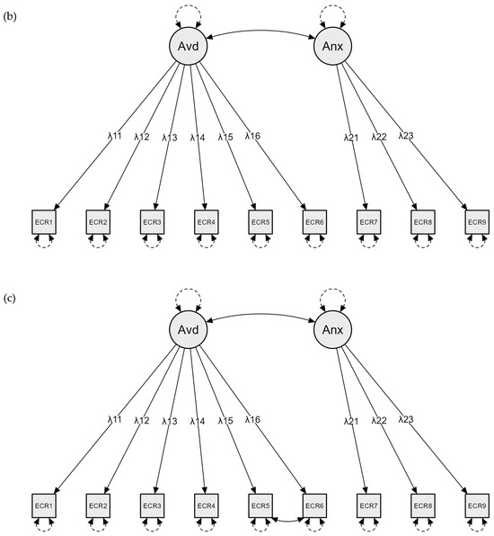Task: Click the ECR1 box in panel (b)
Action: pos(44,221)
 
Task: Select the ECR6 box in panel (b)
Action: pos(313,221)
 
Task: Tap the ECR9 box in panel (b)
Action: pos(476,221)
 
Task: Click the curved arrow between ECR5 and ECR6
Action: pos(287,520)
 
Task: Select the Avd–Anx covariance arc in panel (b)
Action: pos(260,31)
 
